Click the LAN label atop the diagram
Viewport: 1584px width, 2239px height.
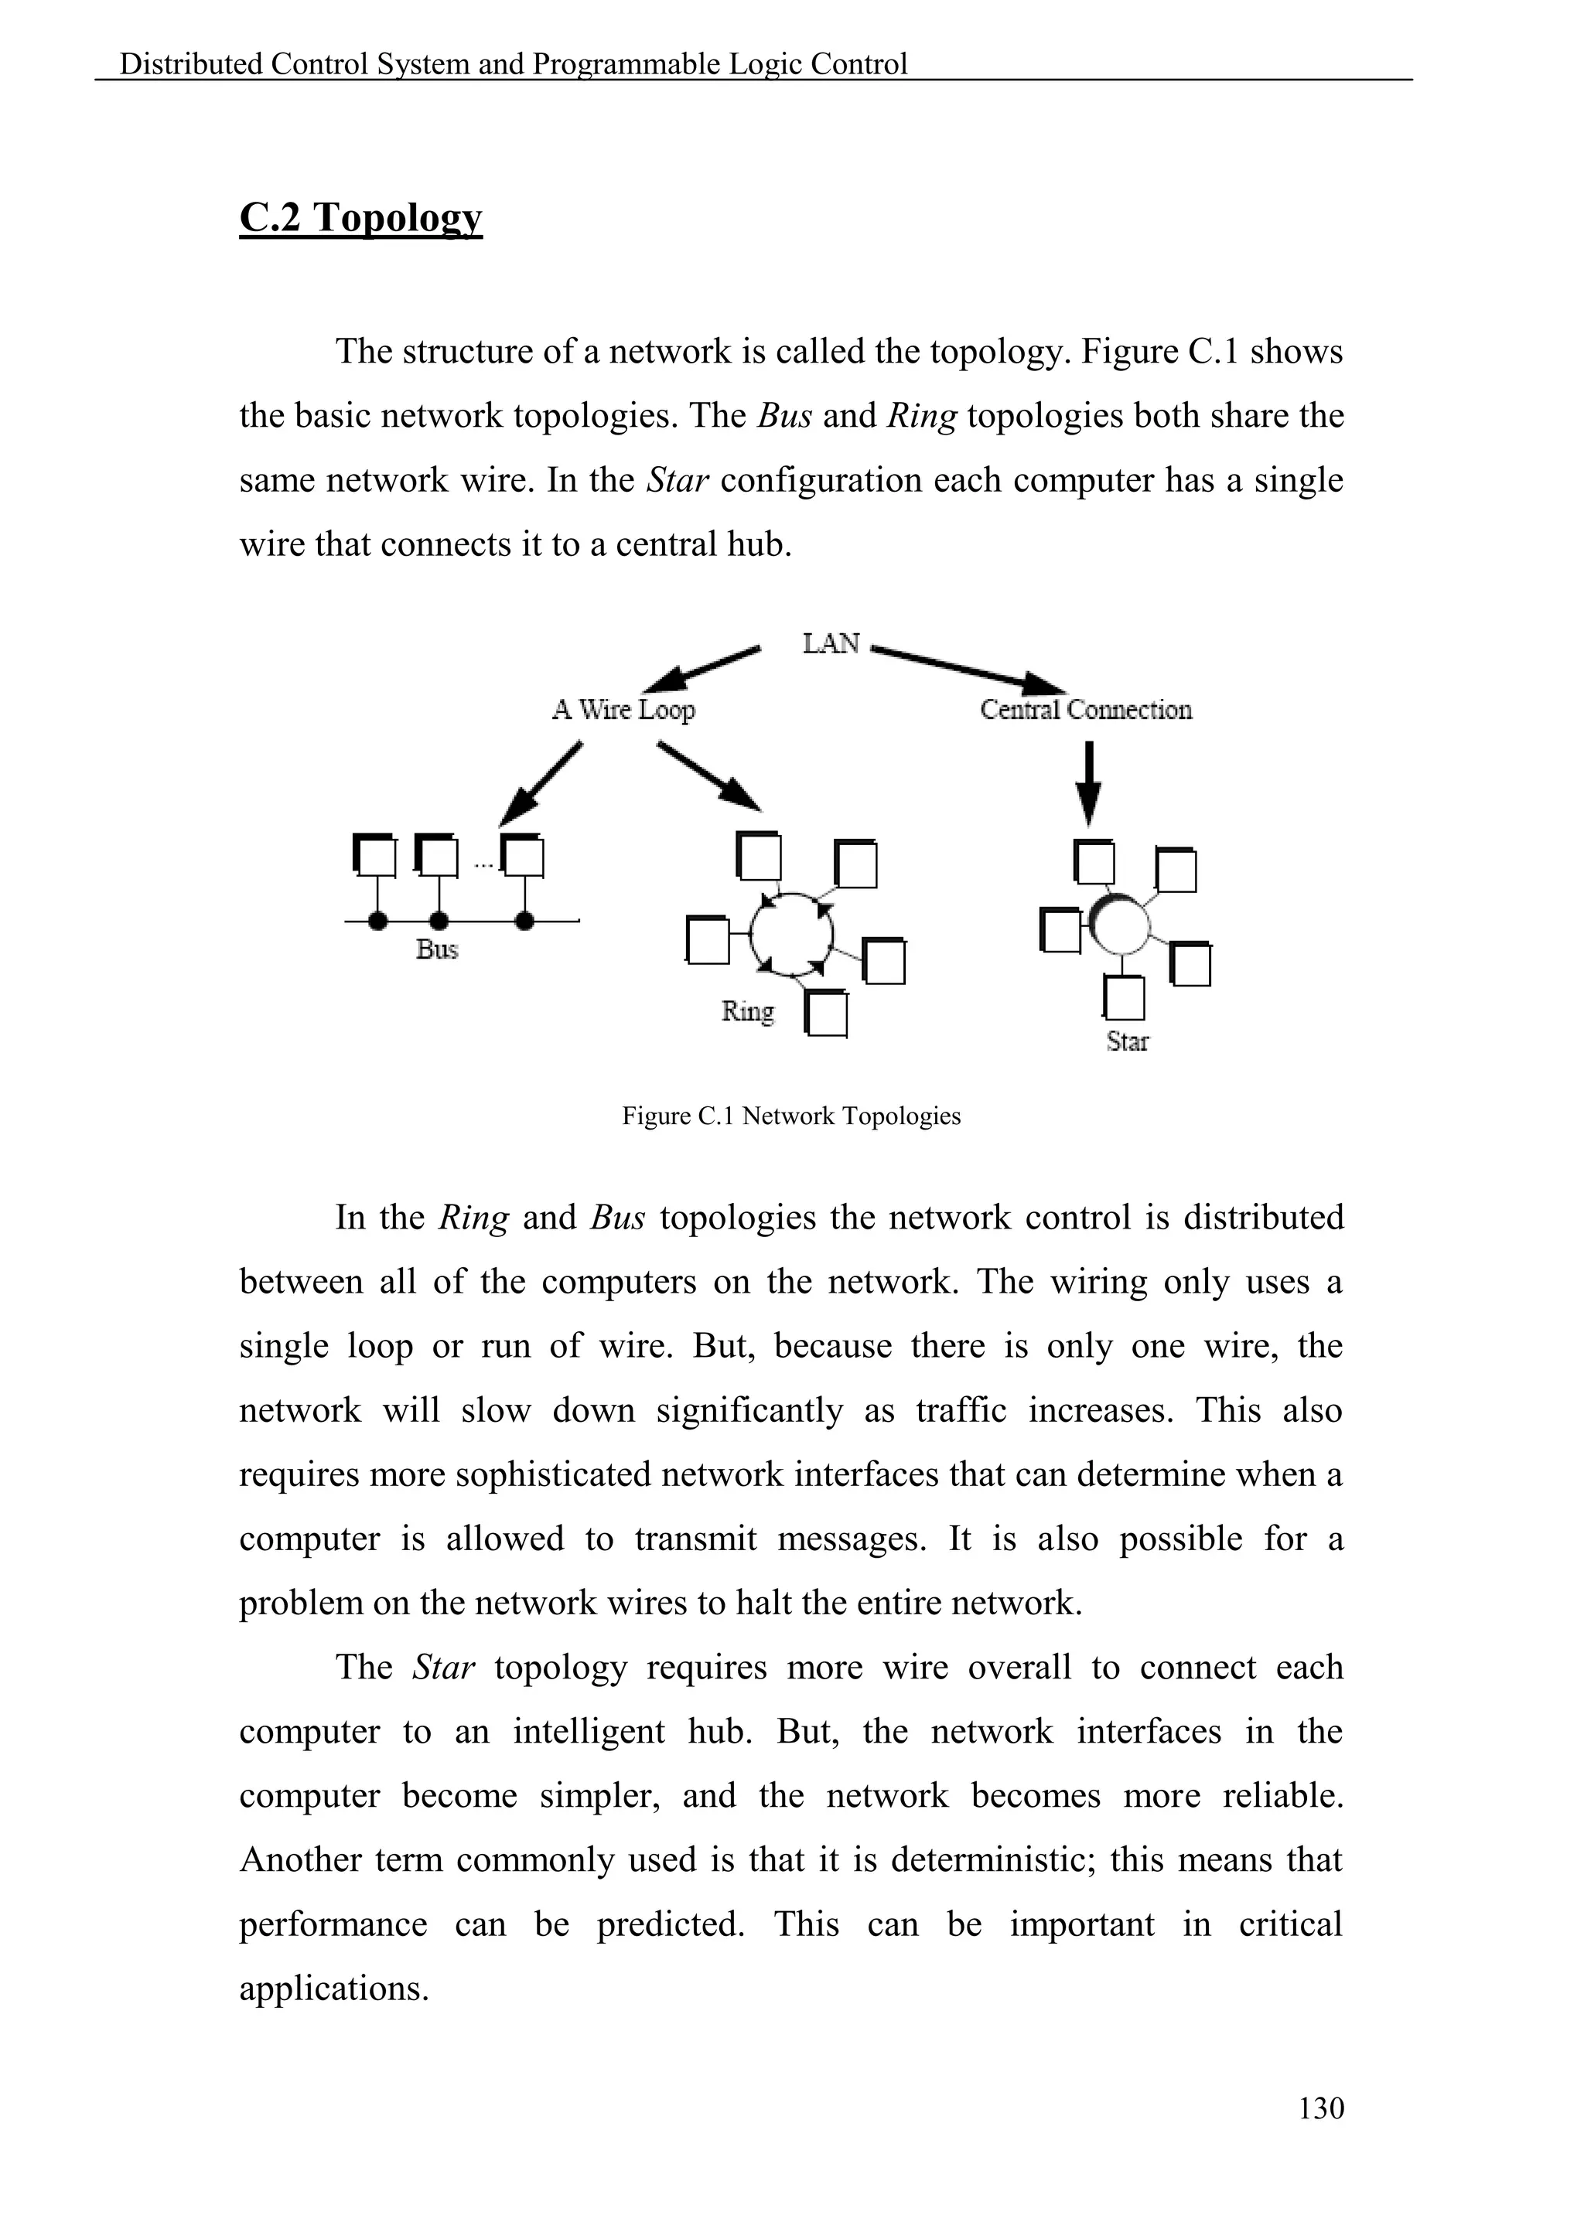coord(831,643)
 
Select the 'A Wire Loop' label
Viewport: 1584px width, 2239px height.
coord(623,709)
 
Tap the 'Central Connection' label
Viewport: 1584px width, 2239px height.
coord(1086,709)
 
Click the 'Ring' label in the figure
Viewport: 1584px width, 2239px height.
coord(748,1011)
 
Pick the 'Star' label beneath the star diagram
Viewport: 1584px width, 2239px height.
coord(1128,1041)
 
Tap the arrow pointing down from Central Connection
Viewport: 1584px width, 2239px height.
coord(1091,784)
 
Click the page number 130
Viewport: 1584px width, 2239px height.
coord(1321,2108)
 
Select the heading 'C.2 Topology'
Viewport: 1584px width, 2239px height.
coord(361,217)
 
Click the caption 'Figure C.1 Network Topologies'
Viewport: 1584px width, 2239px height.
coord(791,1116)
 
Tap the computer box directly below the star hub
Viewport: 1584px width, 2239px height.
coord(1125,997)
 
